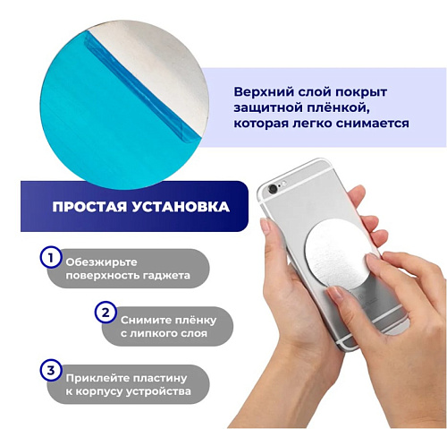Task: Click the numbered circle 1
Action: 51,257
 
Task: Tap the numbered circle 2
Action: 105,313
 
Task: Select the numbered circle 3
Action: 51,371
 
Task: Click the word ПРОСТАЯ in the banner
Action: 89,207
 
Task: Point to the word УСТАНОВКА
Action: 181,207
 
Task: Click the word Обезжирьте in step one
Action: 101,262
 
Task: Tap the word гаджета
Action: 166,276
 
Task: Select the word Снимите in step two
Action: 142,321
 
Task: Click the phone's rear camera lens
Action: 273,188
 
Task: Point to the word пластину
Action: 160,378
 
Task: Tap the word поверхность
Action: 102,276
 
